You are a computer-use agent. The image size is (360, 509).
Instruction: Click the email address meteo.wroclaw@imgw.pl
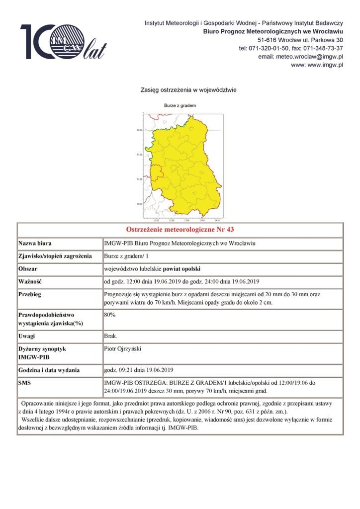tap(300, 57)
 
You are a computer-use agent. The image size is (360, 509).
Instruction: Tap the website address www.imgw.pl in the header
tap(317, 65)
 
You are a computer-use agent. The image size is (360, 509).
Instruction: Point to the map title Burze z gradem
tap(180, 106)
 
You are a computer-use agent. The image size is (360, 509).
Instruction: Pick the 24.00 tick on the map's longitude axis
tap(217, 220)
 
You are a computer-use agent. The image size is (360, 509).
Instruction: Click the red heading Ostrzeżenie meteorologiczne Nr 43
tap(180, 230)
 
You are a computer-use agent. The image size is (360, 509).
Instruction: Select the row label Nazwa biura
tap(35, 244)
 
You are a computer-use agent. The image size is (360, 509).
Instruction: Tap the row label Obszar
tap(28, 269)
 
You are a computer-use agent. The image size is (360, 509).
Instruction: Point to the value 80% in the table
tap(109, 315)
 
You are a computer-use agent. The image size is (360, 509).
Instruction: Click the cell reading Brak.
tap(110, 337)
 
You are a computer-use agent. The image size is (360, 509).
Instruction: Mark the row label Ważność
tap(31, 281)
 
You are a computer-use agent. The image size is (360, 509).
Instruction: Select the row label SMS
tap(25, 383)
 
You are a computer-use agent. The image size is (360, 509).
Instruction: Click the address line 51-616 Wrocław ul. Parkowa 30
tap(300, 40)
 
